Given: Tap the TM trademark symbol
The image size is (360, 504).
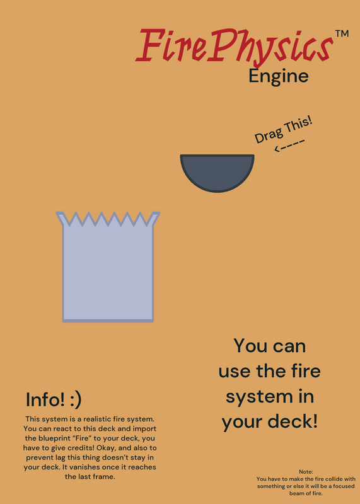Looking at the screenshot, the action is (x=342, y=34).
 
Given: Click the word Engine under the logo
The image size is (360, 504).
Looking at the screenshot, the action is (x=279, y=77).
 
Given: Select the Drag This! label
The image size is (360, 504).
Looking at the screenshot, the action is (x=284, y=130).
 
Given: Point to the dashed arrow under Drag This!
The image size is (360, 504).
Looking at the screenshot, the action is (x=289, y=145).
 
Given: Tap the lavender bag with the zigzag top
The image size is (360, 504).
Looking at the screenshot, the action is (x=108, y=266).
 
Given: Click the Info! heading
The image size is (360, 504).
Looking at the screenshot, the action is (x=45, y=399).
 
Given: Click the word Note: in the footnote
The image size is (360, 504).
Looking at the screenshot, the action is (x=306, y=472).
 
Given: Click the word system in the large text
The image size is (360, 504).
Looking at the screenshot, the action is (x=248, y=398).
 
